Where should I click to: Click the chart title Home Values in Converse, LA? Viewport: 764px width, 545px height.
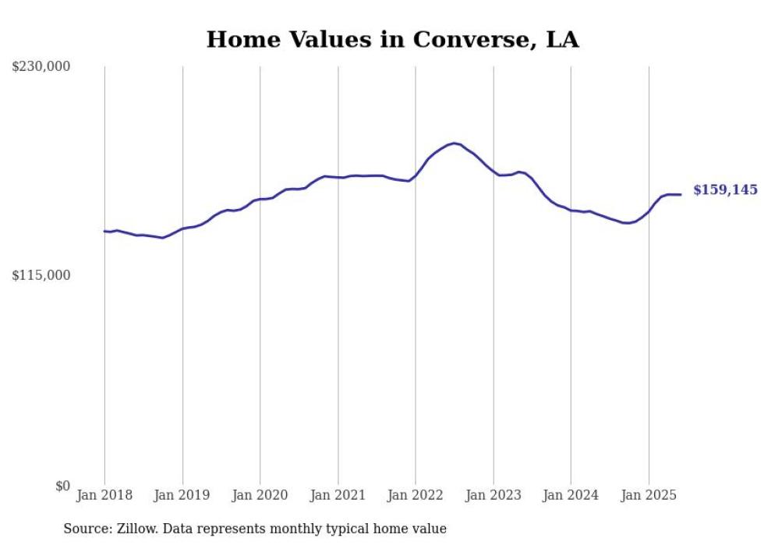[x=392, y=40]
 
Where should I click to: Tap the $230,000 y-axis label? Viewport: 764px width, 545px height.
[x=41, y=67]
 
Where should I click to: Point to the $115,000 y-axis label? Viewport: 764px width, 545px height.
[x=41, y=275]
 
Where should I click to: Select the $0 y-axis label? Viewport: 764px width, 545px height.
[x=62, y=486]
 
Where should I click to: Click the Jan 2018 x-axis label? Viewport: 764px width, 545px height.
[x=104, y=495]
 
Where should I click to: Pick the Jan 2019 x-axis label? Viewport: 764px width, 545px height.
[x=182, y=495]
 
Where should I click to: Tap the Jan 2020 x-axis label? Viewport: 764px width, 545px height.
[x=260, y=495]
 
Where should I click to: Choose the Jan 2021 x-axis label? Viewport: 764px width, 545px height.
[x=338, y=495]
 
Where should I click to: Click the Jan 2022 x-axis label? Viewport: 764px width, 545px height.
[x=416, y=495]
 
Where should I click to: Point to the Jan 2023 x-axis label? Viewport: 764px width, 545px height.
[x=493, y=495]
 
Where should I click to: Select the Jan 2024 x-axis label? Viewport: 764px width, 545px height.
[x=571, y=495]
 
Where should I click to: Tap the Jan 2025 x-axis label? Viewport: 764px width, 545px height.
[x=649, y=495]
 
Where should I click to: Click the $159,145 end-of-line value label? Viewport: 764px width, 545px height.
[x=725, y=189]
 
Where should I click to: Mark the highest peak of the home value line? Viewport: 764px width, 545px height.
[x=454, y=143]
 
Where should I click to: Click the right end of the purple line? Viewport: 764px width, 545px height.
[x=681, y=194]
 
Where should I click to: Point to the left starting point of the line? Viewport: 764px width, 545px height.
[x=104, y=231]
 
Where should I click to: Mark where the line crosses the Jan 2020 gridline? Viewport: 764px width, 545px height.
[x=260, y=200]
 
